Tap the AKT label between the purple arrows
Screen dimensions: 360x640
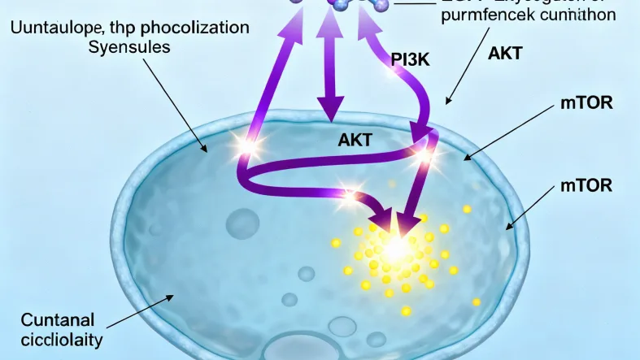355,140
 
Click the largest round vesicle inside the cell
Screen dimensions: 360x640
242,224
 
